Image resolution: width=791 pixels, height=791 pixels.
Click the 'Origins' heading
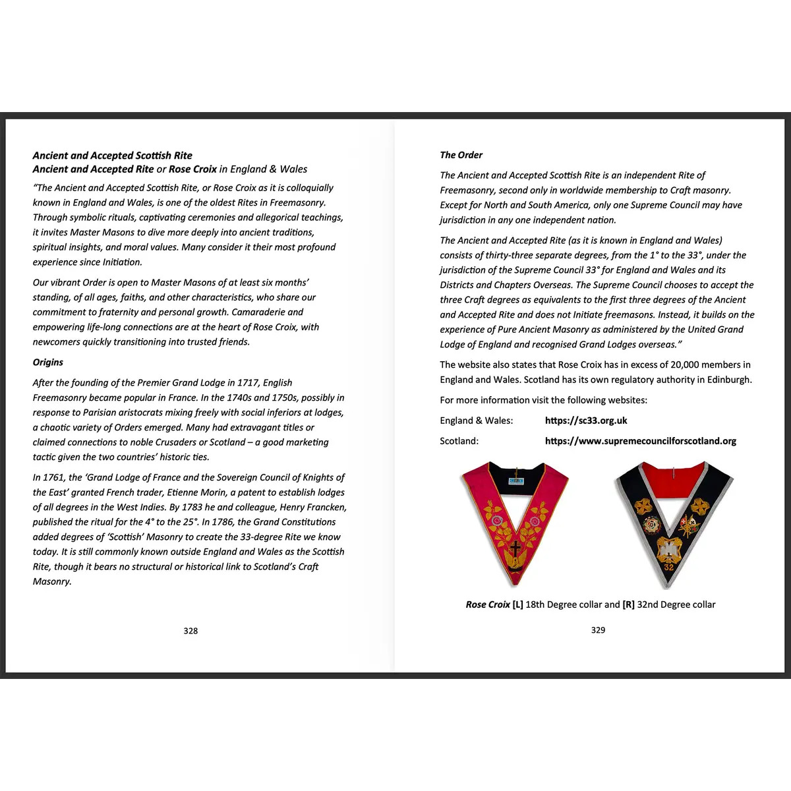pos(48,362)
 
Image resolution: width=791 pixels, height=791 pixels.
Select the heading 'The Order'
pos(461,155)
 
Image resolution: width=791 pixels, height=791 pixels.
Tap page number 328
pos(190,631)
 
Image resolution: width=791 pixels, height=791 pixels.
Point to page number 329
pos(598,630)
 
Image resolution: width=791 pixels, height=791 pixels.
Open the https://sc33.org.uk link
pos(586,421)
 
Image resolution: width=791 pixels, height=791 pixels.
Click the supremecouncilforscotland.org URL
pos(640,441)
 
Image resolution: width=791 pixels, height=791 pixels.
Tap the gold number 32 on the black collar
pos(668,567)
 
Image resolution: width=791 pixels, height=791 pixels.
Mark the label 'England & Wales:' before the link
pos(476,421)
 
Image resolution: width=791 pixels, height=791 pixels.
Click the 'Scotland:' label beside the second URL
pos(459,441)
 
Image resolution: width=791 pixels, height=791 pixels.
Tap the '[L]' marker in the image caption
pos(517,604)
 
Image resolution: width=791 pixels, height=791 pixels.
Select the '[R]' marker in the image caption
pos(628,604)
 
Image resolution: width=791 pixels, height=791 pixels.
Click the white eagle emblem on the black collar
pos(668,548)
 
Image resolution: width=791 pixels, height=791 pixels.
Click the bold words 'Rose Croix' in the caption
pos(488,604)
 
